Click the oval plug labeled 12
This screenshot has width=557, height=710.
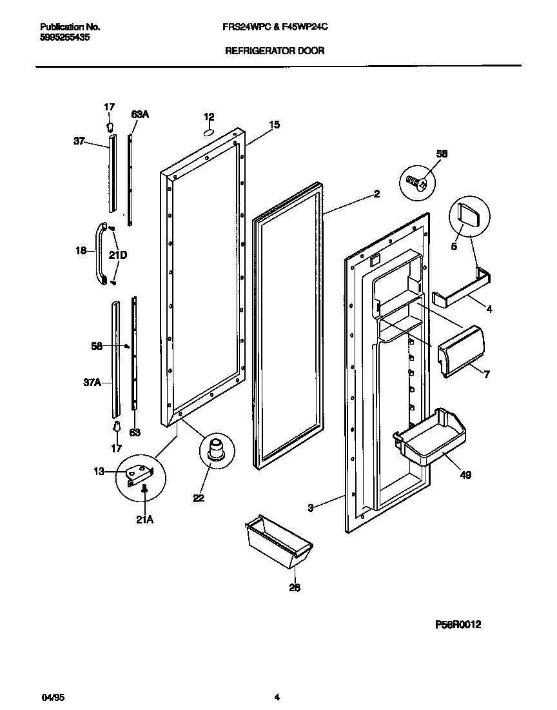tap(209, 132)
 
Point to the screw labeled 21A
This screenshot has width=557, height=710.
tap(145, 491)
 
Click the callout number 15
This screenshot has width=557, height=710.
tap(274, 125)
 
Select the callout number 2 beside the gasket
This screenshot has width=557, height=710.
tap(376, 193)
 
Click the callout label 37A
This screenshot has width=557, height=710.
tap(93, 383)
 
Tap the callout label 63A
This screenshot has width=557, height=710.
tap(140, 114)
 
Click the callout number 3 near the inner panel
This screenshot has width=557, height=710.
tap(310, 509)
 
